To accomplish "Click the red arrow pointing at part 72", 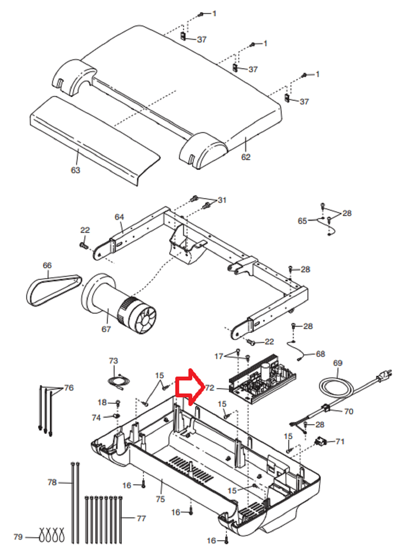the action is click(x=191, y=387).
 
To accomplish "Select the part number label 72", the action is click(x=210, y=388).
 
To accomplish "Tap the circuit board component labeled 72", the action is click(x=262, y=379).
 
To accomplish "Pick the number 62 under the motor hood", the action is click(x=246, y=157).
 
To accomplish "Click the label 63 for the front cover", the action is click(x=75, y=170).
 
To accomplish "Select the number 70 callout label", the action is click(x=348, y=412).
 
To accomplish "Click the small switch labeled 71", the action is click(x=321, y=442).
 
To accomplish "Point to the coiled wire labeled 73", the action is click(x=119, y=382).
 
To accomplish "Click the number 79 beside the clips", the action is click(x=18, y=537).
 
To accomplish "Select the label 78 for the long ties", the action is click(x=52, y=482).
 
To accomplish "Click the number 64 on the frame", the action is click(x=119, y=217).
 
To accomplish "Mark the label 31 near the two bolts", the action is click(x=222, y=200).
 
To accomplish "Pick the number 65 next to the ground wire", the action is click(x=302, y=221).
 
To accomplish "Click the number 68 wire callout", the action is click(x=320, y=354).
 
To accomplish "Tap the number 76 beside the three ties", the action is click(x=69, y=388).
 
